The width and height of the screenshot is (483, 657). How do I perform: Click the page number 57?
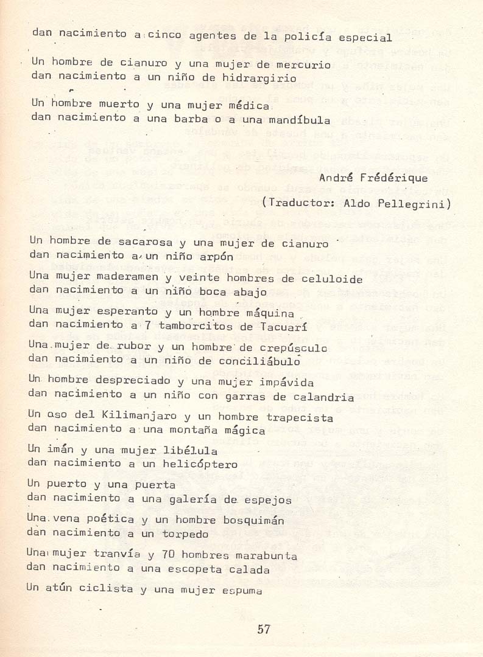pos(263,630)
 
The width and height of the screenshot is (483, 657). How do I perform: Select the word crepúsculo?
pos(294,348)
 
